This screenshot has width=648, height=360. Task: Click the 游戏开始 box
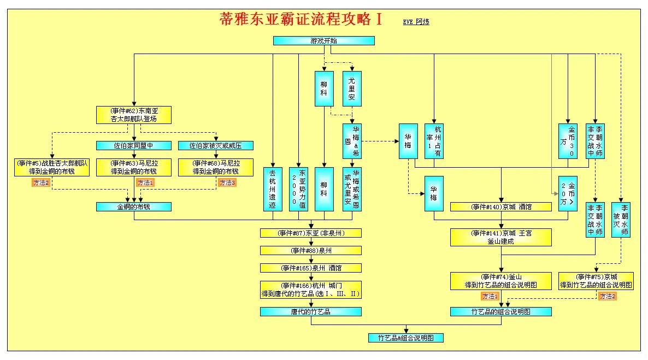click(x=323, y=40)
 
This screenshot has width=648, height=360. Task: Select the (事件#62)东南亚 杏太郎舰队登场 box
click(x=134, y=115)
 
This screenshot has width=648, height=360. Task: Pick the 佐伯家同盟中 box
click(x=134, y=146)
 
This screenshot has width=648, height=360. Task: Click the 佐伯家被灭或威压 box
click(x=216, y=146)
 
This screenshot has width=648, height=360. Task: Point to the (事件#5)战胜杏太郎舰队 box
click(x=52, y=167)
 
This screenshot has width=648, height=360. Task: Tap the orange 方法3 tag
click(x=227, y=183)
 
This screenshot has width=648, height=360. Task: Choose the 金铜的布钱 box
click(x=134, y=207)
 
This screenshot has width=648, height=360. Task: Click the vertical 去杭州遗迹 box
click(x=273, y=188)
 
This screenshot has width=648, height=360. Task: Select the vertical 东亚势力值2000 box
click(x=298, y=188)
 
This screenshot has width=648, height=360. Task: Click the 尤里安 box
click(x=352, y=88)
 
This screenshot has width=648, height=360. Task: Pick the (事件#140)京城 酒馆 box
click(x=500, y=207)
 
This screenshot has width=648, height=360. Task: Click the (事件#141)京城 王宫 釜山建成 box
click(x=500, y=237)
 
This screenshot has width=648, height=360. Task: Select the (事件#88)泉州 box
click(x=310, y=251)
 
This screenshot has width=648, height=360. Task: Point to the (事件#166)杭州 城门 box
click(x=310, y=290)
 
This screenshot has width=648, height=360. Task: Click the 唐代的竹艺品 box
click(x=310, y=312)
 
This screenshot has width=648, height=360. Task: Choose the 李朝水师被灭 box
click(x=621, y=219)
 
